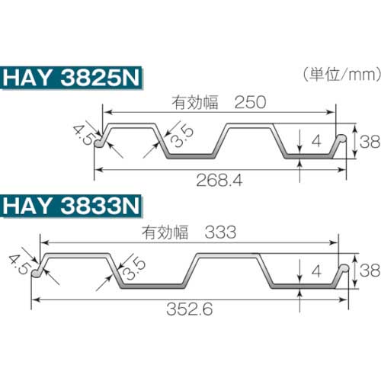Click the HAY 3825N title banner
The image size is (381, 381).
click(x=72, y=79)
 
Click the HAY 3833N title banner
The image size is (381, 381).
click(x=72, y=206)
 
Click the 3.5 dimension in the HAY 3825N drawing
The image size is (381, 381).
click(x=181, y=138)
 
